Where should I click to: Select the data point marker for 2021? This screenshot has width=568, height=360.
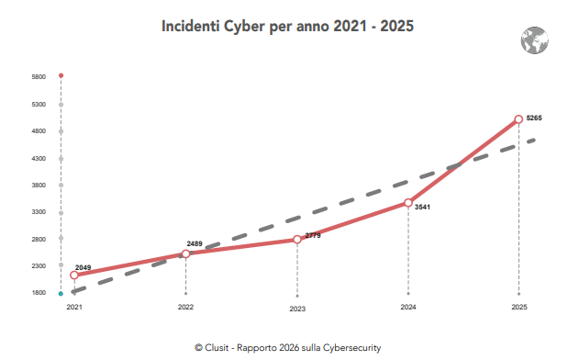click(x=74, y=275)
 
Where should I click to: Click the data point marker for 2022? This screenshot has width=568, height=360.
click(x=186, y=253)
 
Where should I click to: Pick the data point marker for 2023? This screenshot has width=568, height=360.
click(x=297, y=240)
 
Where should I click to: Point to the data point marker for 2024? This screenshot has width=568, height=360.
click(x=408, y=203)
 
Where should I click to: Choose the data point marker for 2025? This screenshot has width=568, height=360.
click(x=519, y=118)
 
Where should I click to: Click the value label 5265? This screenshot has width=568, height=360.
click(x=535, y=118)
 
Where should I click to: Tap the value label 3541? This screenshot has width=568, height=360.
click(x=423, y=208)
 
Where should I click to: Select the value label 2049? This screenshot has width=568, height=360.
click(x=84, y=265)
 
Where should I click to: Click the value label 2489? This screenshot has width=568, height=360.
click(x=195, y=243)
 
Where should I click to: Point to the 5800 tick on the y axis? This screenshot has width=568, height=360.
click(x=38, y=77)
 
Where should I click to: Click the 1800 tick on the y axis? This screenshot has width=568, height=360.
click(x=38, y=293)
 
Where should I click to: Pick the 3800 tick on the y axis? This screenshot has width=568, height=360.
click(x=38, y=185)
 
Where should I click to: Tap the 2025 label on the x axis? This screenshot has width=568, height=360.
click(x=519, y=307)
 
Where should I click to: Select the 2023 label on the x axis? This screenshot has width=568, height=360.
click(x=297, y=309)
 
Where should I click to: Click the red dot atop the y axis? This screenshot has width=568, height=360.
click(x=61, y=75)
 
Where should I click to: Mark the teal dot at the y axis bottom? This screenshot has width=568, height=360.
click(x=61, y=294)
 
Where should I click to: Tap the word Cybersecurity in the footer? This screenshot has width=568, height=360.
click(x=349, y=348)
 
